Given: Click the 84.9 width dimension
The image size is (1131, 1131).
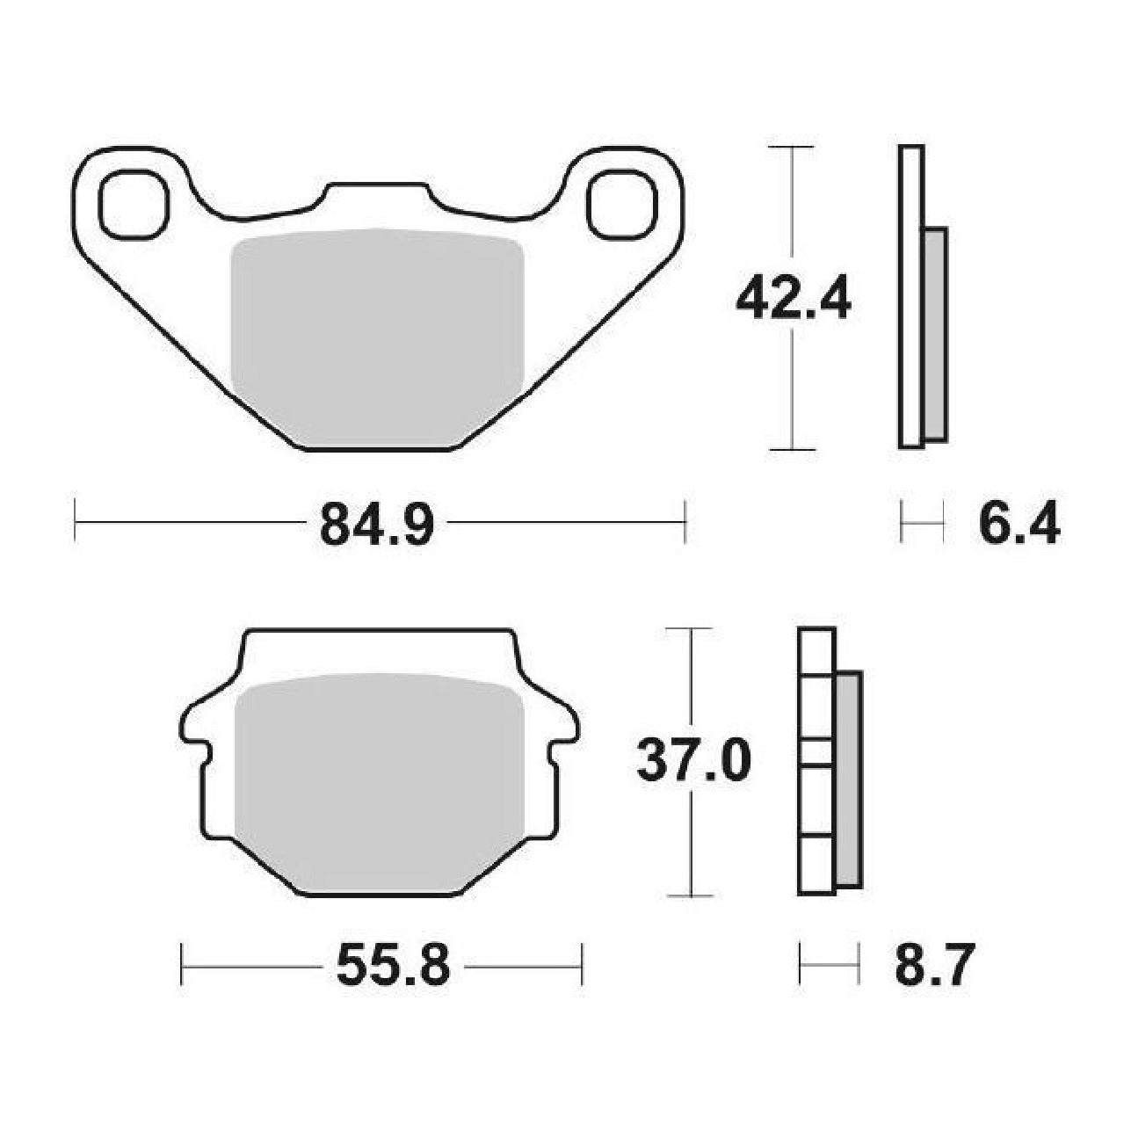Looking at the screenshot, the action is [x=377, y=522].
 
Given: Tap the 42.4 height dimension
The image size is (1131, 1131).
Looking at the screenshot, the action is [x=793, y=299].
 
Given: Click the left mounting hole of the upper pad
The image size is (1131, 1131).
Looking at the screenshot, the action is [x=134, y=204].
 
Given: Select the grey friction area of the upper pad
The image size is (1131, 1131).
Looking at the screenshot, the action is [x=377, y=338].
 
